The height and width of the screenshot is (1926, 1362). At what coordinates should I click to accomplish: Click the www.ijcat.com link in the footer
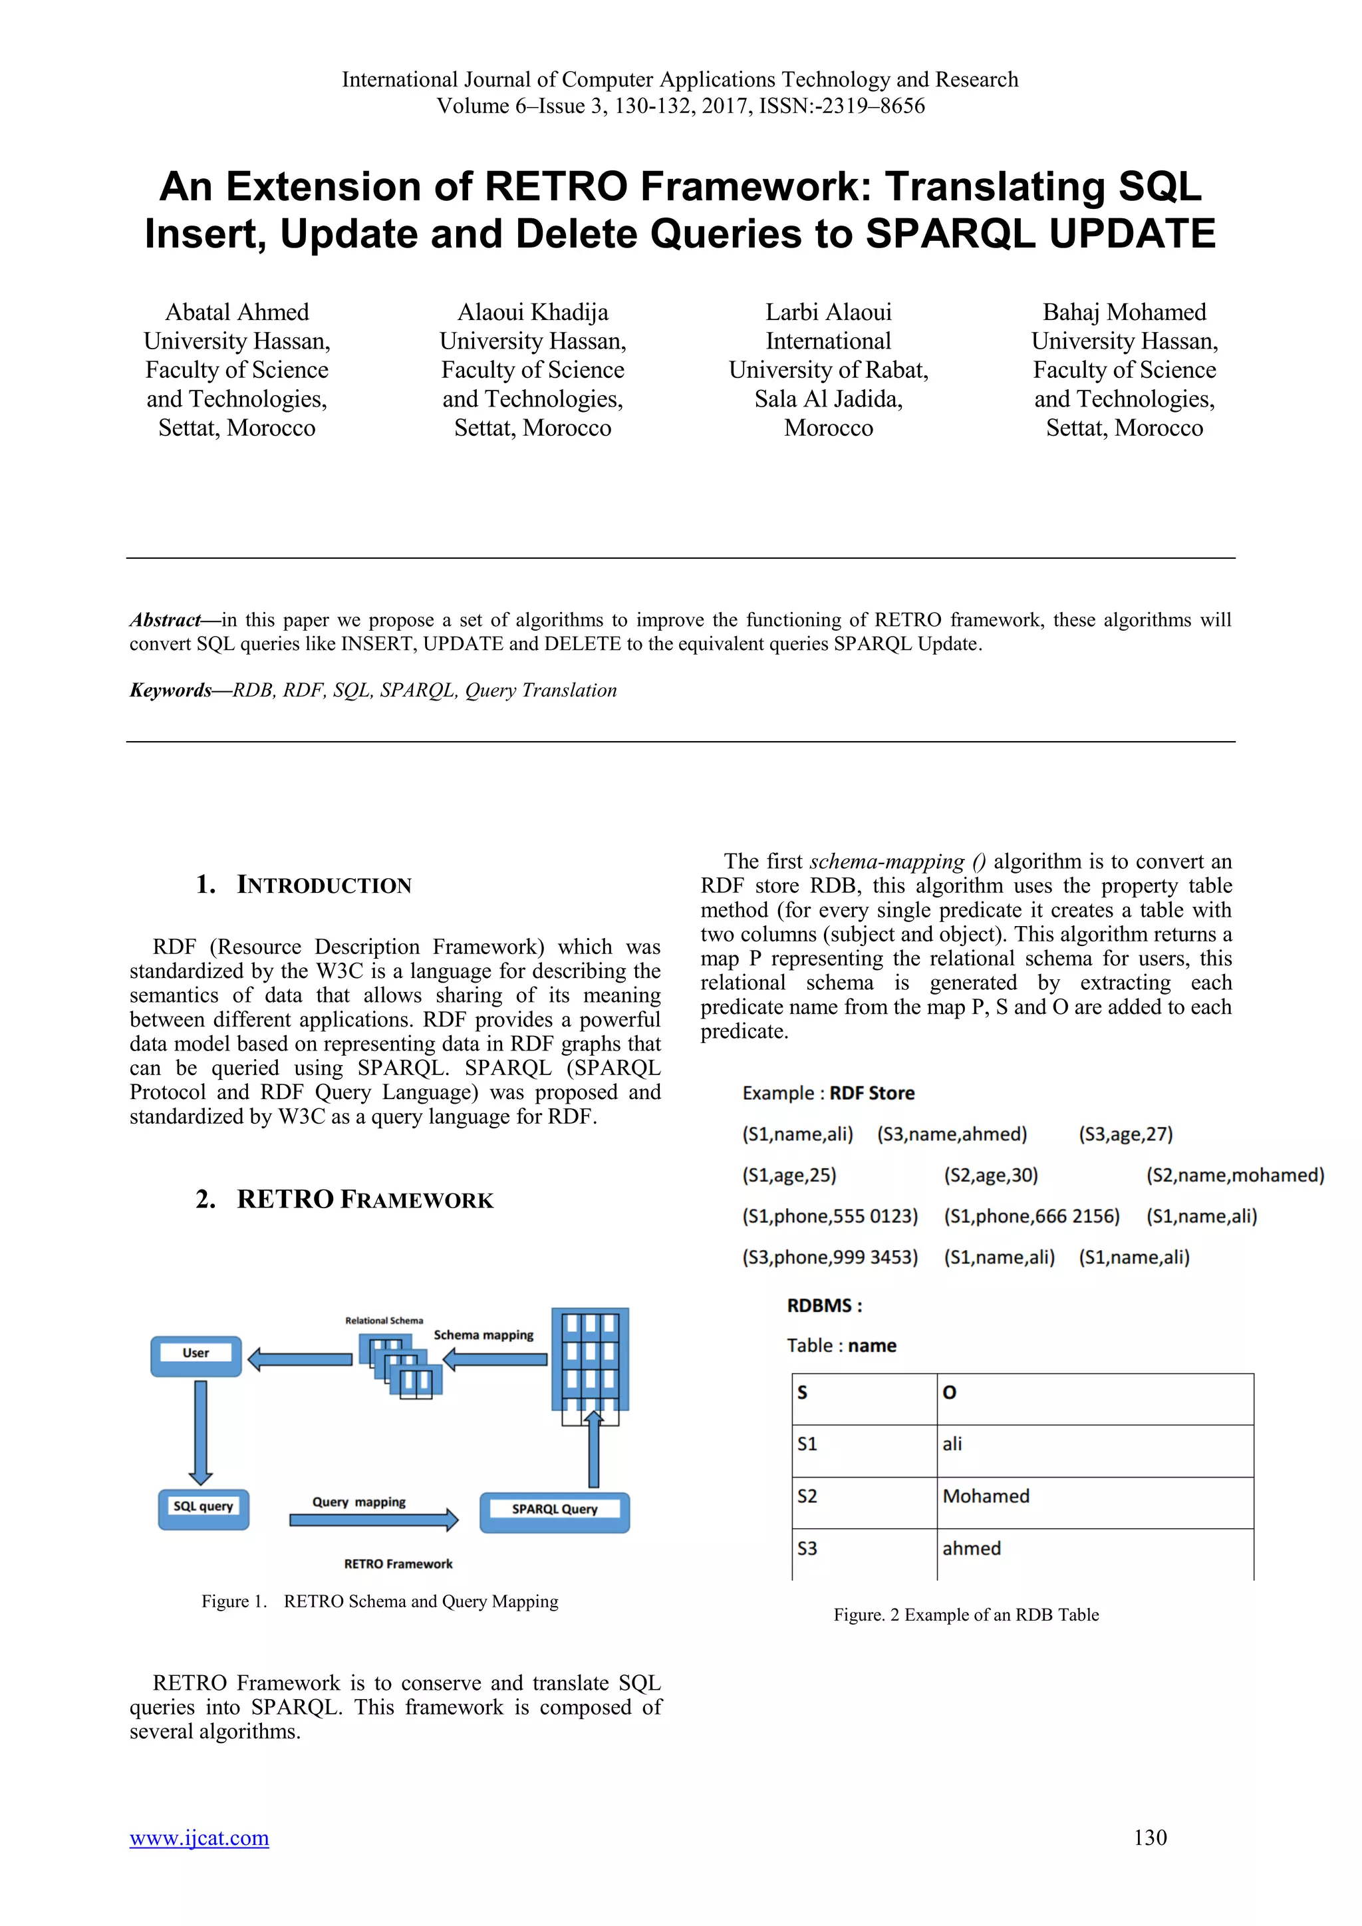coord(199,1838)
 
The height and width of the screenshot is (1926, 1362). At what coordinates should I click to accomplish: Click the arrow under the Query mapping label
coord(373,1520)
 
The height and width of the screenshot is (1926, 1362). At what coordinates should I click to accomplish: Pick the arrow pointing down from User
coord(200,1432)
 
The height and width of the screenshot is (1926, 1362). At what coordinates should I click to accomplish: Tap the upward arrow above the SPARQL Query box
coord(594,1449)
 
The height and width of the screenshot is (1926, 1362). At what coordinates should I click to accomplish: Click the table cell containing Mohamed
coord(1093,1496)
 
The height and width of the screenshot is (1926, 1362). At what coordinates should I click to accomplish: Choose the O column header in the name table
coord(1093,1392)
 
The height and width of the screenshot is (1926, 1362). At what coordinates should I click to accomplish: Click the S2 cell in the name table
coord(864,1496)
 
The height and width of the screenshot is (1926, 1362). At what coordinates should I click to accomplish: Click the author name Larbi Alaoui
coord(828,312)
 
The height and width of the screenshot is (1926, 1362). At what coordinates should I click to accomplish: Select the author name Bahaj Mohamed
coord(1124,312)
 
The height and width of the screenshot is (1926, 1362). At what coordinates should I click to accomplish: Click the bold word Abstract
coord(165,620)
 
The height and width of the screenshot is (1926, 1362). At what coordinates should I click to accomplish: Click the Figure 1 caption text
coord(379,1601)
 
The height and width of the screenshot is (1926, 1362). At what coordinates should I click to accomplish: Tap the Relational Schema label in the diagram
coord(384,1321)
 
